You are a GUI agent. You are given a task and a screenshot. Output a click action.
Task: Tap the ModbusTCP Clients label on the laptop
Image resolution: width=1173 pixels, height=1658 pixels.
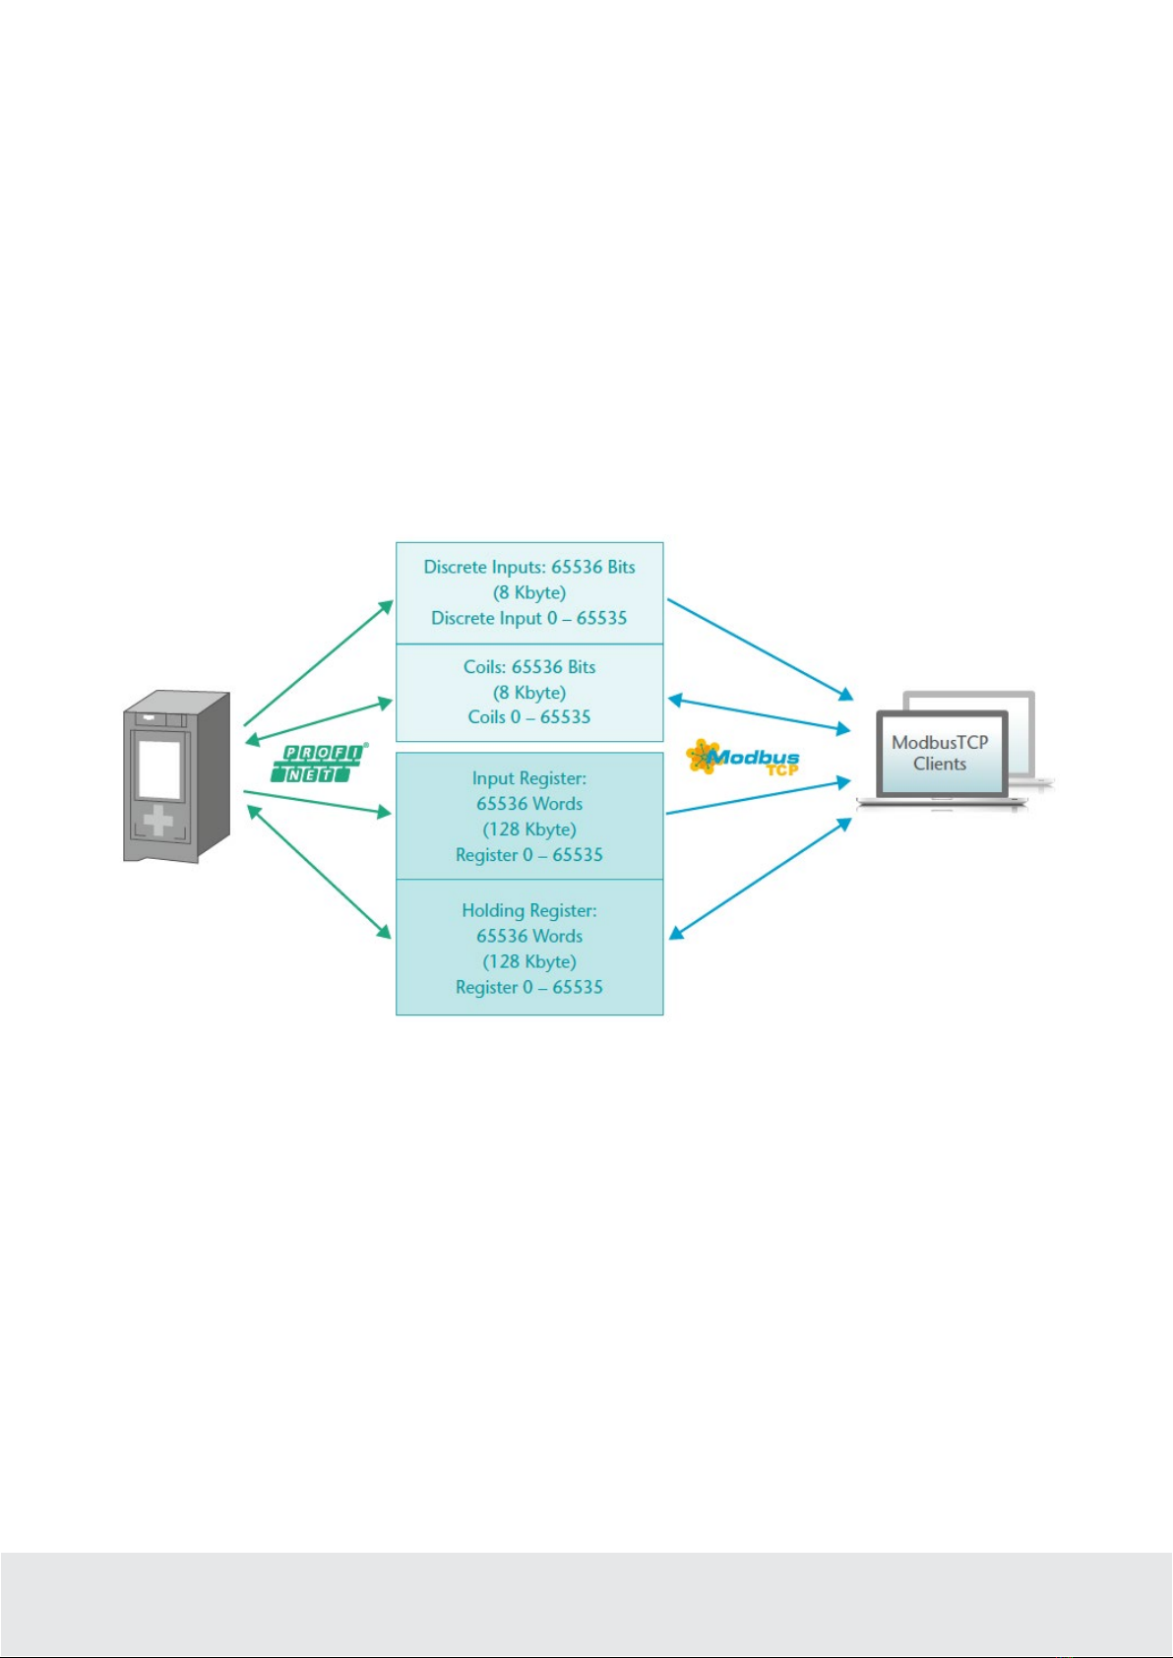(x=940, y=753)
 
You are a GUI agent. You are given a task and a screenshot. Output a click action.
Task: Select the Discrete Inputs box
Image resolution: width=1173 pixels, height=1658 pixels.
(x=529, y=592)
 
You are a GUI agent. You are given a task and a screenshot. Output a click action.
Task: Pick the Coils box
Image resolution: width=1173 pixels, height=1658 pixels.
(x=529, y=693)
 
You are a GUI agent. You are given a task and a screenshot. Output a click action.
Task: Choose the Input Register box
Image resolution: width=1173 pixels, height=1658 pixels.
(x=529, y=816)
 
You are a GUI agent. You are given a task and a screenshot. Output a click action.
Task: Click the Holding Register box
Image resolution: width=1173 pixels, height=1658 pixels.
(x=529, y=948)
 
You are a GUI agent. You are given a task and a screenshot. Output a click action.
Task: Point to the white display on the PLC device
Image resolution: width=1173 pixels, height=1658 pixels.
(x=158, y=768)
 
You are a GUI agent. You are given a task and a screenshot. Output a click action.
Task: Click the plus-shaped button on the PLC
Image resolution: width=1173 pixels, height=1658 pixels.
(x=158, y=820)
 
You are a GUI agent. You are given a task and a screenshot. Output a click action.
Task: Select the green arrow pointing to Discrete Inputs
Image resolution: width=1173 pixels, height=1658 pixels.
(x=319, y=663)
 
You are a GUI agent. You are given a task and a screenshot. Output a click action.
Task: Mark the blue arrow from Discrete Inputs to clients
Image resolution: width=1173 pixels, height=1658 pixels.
(x=760, y=649)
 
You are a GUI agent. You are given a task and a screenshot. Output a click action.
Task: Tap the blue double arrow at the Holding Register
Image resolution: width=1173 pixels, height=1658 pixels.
(x=760, y=879)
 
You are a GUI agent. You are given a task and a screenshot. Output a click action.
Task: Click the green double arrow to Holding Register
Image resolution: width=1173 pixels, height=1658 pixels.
(x=318, y=872)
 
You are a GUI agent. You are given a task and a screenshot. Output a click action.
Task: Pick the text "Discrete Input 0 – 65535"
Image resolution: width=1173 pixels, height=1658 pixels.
(x=529, y=618)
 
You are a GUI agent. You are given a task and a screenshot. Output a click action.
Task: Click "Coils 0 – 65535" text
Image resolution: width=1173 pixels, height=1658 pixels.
(x=529, y=717)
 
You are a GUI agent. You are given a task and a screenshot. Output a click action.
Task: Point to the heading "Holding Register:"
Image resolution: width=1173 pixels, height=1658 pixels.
(x=529, y=910)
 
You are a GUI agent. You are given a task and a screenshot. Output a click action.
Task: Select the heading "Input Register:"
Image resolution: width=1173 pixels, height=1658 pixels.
(x=529, y=778)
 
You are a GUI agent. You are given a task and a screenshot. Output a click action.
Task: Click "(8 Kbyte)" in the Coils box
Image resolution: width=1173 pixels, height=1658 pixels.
(x=529, y=693)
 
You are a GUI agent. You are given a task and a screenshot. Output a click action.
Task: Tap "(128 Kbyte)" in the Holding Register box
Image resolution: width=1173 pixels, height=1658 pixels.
(x=529, y=961)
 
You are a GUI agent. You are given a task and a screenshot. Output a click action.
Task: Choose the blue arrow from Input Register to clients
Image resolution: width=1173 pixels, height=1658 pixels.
(x=758, y=797)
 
